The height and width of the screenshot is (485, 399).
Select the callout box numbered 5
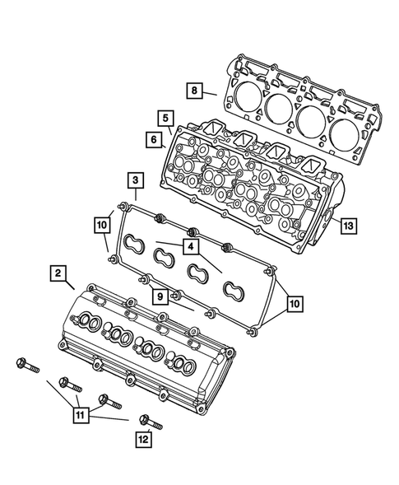[165, 118]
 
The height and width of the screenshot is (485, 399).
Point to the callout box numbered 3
[132, 180]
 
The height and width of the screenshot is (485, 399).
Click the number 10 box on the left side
[101, 224]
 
